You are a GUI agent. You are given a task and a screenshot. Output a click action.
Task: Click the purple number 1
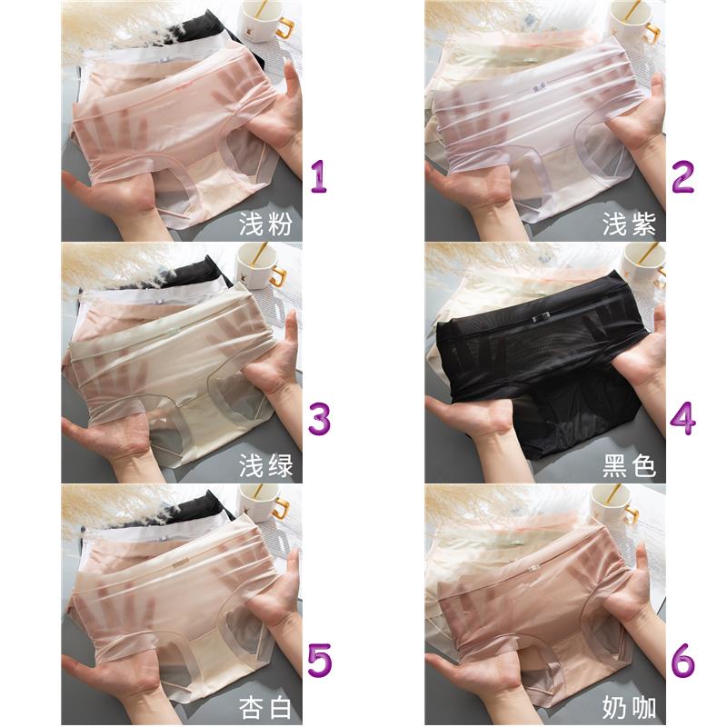[x=319, y=176]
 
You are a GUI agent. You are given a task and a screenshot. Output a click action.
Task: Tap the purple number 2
[x=682, y=176]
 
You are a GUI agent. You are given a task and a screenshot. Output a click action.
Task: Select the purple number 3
[x=320, y=419]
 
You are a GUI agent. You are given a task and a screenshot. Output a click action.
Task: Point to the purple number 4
[x=682, y=418]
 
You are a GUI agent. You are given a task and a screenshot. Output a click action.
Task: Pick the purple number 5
[x=320, y=661]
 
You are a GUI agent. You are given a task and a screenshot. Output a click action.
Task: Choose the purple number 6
[x=683, y=661]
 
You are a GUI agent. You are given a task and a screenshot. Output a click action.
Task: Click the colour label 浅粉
[x=265, y=224]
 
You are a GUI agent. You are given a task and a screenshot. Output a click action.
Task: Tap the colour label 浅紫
[x=629, y=224]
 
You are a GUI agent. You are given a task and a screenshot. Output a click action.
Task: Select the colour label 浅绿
[x=265, y=466]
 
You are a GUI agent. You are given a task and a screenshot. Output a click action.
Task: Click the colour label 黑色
[x=629, y=466]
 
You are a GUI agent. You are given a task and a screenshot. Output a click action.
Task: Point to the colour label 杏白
[x=265, y=708]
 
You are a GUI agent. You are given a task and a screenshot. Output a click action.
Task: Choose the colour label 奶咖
[x=629, y=708]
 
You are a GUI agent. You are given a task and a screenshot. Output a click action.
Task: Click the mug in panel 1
[x=265, y=21]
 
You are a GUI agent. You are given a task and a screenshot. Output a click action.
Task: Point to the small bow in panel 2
[x=539, y=88]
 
